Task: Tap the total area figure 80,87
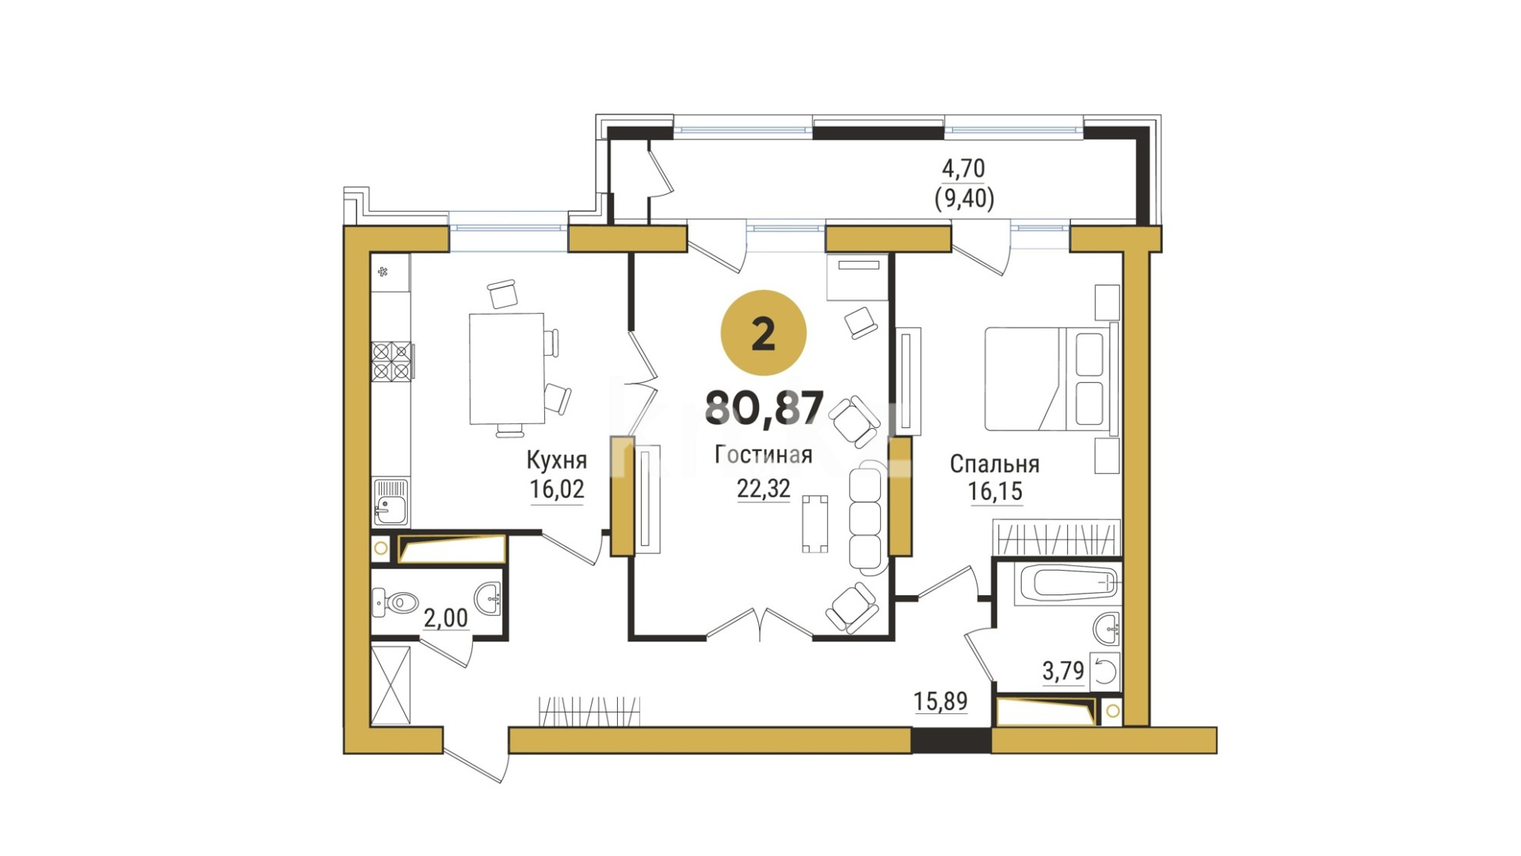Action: [764, 408]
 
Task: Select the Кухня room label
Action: [557, 460]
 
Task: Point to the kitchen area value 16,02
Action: [557, 489]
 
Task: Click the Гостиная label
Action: [764, 455]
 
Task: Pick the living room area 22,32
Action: [764, 488]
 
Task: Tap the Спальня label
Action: [995, 464]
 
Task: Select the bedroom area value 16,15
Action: [995, 491]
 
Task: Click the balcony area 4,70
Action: [963, 168]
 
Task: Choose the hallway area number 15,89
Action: [940, 701]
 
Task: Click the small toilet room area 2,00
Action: [445, 617]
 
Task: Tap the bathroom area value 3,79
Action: [1063, 671]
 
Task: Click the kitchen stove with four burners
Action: [391, 361]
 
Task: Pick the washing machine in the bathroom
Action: [1104, 672]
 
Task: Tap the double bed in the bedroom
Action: [1050, 379]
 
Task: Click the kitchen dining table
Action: [507, 369]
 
